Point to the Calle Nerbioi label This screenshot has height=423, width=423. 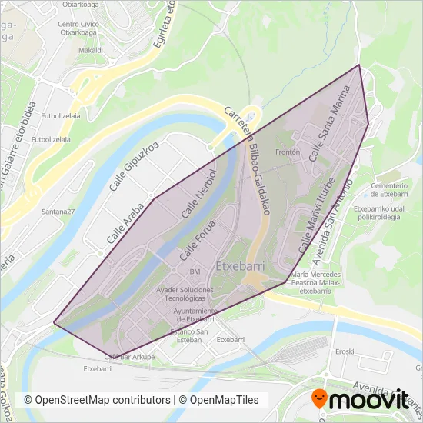pos(196,199)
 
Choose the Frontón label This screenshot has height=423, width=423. pos(286,152)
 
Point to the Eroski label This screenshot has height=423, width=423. pos(345,351)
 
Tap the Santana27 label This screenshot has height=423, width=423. pos(58,211)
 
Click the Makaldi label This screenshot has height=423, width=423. pos(91,49)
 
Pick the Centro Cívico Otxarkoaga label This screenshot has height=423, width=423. pos(79,28)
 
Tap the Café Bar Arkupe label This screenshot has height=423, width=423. pos(129,357)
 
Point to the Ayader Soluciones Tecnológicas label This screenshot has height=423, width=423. pos(185,294)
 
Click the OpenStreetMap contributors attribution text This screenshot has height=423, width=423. pos(97,400)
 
